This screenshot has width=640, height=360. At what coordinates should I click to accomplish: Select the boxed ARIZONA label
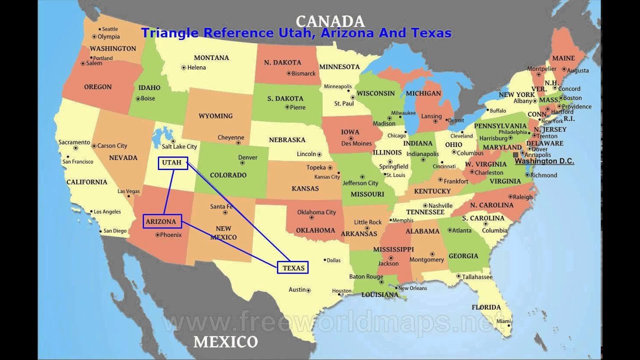click(161, 221)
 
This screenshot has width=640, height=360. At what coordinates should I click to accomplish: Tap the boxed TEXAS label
click(293, 267)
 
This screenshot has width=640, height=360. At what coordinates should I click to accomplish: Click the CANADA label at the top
click(330, 21)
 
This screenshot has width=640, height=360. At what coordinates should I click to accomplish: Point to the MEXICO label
click(225, 342)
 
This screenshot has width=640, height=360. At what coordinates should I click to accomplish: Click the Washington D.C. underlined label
click(544, 161)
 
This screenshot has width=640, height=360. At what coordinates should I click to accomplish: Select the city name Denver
click(247, 157)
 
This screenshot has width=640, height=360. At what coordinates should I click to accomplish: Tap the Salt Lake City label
click(179, 146)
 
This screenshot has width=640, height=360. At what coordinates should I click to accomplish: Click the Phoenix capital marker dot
click(157, 234)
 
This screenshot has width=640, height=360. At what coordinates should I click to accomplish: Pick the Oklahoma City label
click(316, 212)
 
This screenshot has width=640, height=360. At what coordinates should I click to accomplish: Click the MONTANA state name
click(211, 57)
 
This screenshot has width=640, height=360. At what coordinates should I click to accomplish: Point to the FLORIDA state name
click(486, 307)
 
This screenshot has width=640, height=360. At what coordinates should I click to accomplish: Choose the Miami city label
click(503, 321)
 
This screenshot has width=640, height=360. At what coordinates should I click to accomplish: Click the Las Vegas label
click(128, 191)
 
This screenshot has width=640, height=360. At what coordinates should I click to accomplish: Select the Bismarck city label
click(303, 73)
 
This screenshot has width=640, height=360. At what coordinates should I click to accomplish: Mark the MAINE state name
click(563, 58)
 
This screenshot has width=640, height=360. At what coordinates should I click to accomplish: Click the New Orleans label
click(412, 288)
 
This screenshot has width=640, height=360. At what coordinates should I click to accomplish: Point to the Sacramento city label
click(74, 142)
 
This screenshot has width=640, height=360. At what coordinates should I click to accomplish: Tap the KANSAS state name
click(305, 188)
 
